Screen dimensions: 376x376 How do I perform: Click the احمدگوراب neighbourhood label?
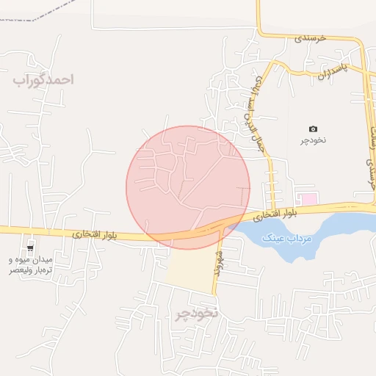coord(43,79)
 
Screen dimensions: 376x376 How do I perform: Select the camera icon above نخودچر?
coord(314,129)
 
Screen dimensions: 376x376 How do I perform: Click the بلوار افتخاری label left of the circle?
coord(93,234)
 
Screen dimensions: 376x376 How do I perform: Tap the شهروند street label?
coord(217,262)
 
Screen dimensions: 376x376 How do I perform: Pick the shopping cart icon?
coord(30,248)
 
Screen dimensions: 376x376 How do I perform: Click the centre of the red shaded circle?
coord(188,187)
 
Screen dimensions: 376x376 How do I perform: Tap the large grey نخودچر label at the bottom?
coord(197,314)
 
